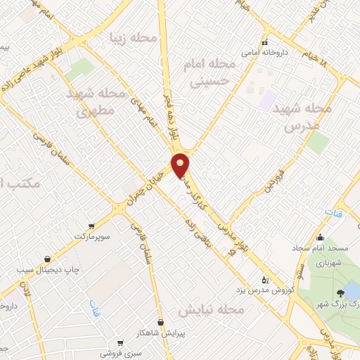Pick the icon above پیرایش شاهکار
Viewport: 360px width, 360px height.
[161, 323]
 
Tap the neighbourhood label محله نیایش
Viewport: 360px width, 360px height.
[210, 310]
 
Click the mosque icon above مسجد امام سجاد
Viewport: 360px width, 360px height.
[321, 237]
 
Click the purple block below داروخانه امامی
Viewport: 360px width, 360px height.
[268, 98]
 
